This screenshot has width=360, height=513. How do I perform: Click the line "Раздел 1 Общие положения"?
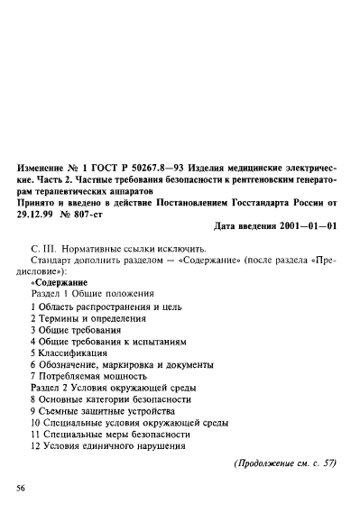click(91, 294)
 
